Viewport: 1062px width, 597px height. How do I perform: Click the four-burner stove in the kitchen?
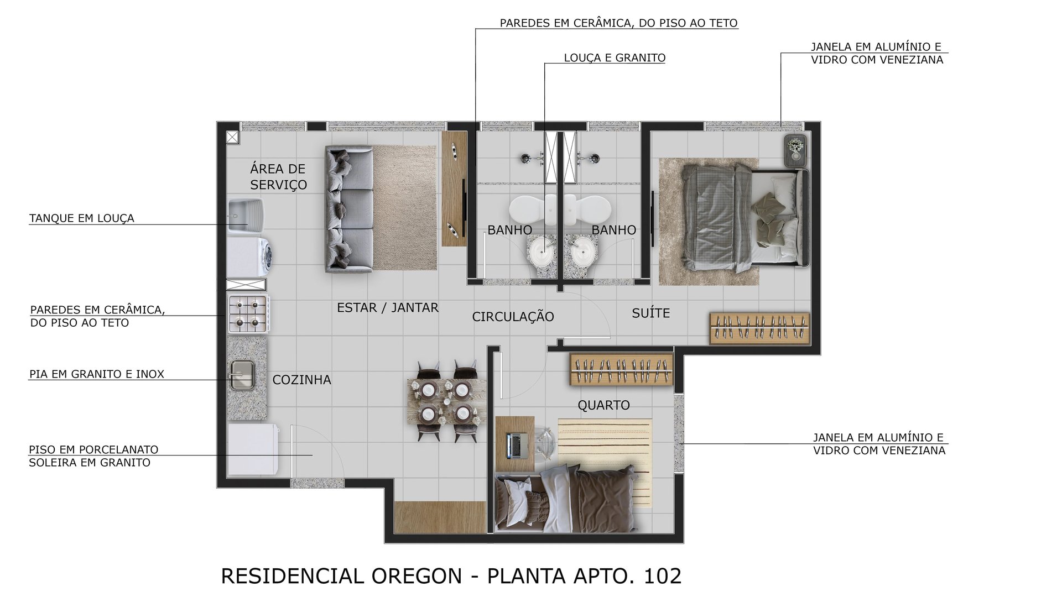click(248, 314)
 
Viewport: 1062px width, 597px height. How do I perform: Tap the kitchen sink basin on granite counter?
click(242, 374)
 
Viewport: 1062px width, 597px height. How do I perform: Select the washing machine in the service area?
click(250, 256)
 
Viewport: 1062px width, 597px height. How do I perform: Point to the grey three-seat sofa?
click(349, 209)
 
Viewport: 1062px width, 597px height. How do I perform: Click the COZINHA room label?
click(301, 380)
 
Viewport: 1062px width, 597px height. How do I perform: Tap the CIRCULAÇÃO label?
click(513, 317)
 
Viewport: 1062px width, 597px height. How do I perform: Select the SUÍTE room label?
click(650, 313)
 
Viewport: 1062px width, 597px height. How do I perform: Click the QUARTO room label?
click(603, 405)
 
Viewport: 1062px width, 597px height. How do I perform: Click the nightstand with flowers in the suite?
click(795, 150)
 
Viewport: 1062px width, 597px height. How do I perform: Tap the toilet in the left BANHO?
click(529, 209)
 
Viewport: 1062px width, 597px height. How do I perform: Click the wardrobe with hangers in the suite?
click(759, 328)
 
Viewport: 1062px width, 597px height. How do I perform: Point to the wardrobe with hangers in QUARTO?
click(621, 369)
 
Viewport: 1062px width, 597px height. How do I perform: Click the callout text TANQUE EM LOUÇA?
click(82, 218)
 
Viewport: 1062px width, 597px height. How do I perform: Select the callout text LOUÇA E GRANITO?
click(615, 58)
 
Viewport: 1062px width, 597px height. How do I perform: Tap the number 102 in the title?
click(663, 576)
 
